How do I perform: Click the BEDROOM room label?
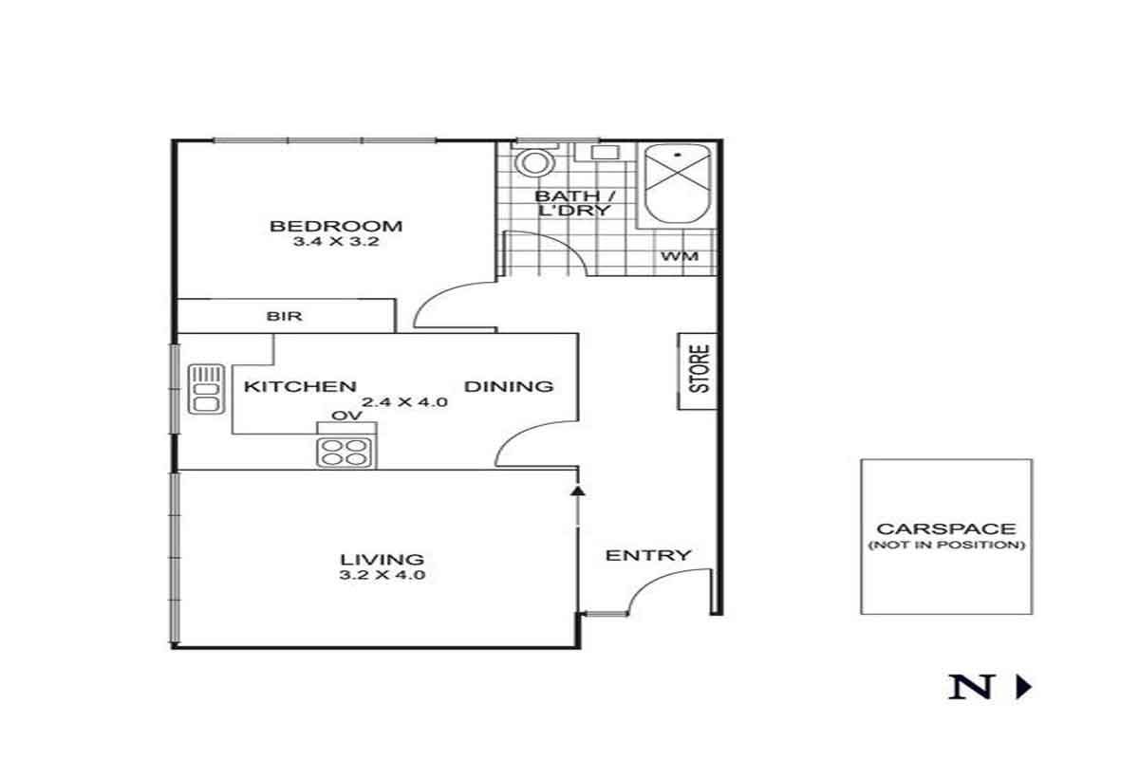[x=336, y=226]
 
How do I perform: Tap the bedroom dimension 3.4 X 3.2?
[x=336, y=242]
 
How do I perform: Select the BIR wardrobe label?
[x=284, y=316]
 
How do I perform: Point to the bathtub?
[x=678, y=184]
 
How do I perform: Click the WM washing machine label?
[x=680, y=256]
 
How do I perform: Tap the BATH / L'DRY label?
[x=575, y=203]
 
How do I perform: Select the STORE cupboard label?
[x=700, y=368]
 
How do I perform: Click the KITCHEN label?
[x=300, y=386]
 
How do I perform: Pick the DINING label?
[x=509, y=386]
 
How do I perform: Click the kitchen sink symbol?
[x=206, y=389]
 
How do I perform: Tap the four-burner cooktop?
[x=345, y=453]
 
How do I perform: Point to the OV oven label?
[x=346, y=416]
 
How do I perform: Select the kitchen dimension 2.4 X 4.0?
[x=404, y=402]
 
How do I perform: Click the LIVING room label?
[x=382, y=560]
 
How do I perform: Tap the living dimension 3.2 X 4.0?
[x=382, y=575]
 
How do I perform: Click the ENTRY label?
[x=648, y=555]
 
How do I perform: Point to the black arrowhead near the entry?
[x=578, y=491]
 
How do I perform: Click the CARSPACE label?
[x=946, y=528]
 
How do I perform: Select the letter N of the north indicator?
[x=971, y=687]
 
